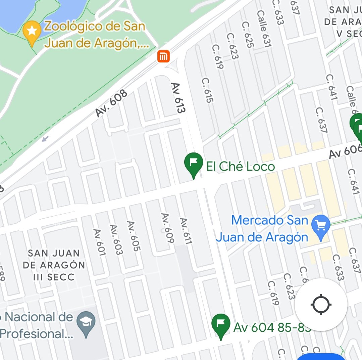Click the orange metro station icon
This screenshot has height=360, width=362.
[164, 56]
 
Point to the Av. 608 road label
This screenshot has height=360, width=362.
[111, 103]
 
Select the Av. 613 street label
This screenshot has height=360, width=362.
[178, 98]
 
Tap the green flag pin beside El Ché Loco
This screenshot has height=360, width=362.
[194, 162]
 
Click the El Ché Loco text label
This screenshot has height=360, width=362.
[241, 167]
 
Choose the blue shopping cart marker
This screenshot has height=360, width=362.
[321, 226]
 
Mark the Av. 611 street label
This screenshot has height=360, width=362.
[186, 231]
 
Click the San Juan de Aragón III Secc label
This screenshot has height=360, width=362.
[54, 265]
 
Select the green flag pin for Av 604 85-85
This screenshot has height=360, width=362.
[221, 324]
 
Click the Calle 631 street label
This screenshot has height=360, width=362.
[264, 29]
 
